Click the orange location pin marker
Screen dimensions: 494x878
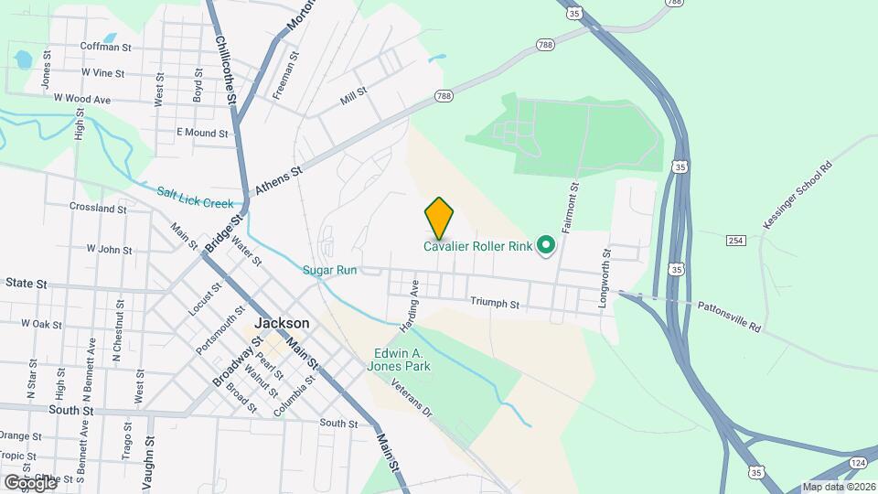[x=439, y=218]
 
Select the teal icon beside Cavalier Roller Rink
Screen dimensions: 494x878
[x=546, y=245]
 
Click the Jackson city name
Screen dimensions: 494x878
[x=282, y=323]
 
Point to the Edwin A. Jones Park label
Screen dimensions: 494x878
[x=402, y=360]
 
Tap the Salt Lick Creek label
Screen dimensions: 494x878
[x=195, y=197]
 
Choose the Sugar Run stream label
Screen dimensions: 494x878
[x=329, y=270]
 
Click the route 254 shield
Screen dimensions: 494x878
[x=735, y=240]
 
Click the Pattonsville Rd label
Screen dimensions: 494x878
[x=729, y=317]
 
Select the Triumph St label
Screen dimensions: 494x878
[x=495, y=303]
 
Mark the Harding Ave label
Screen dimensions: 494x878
[x=409, y=306]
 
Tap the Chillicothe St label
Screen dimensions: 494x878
[x=226, y=69]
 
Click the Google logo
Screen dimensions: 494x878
[x=30, y=481]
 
